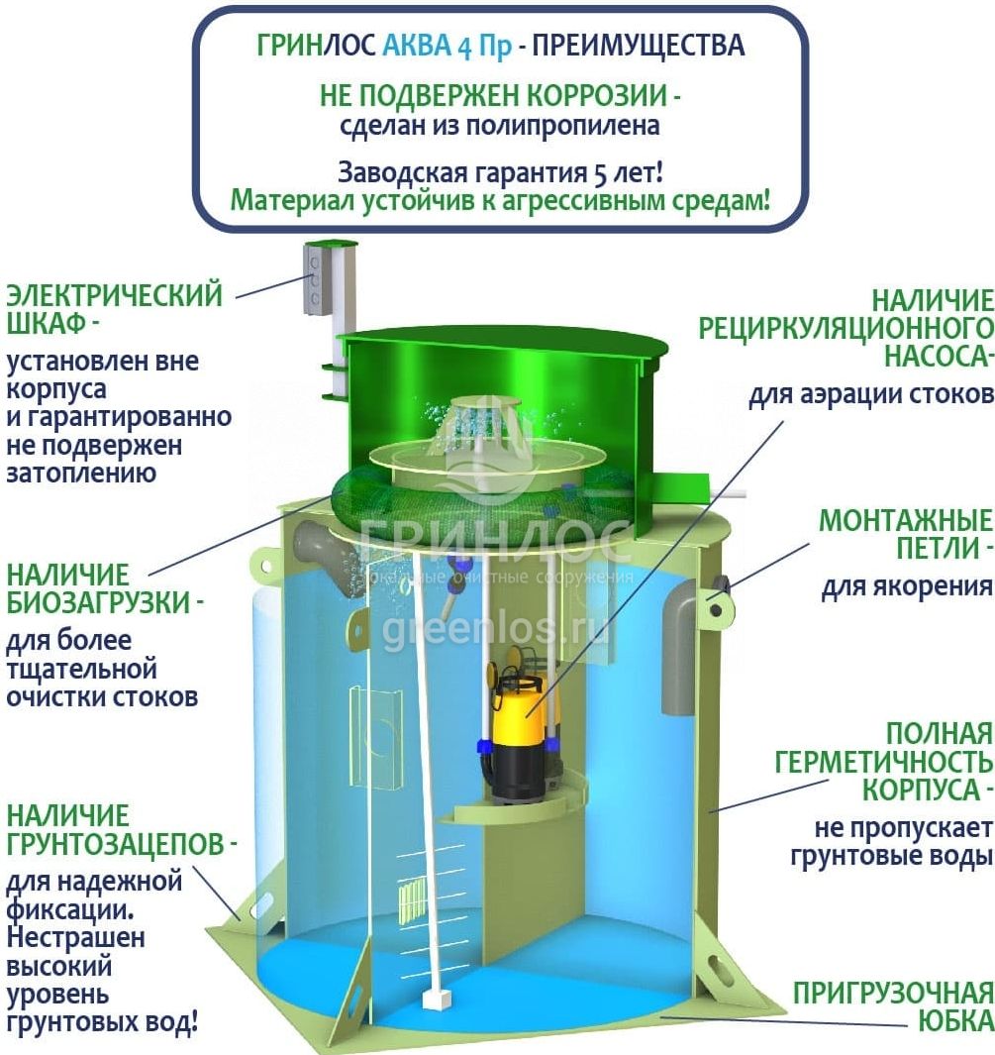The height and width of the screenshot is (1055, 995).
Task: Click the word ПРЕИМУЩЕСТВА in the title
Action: coord(638,46)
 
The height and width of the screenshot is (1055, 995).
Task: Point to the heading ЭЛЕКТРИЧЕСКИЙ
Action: coord(114,295)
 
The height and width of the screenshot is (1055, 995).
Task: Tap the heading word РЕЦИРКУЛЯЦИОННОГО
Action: coord(846,329)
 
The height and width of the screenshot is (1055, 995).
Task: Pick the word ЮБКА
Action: coord(955,1021)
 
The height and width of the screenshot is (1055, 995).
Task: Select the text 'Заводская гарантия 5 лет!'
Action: coord(500,172)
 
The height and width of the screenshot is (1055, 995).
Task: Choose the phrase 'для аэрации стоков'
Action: coord(870,395)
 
